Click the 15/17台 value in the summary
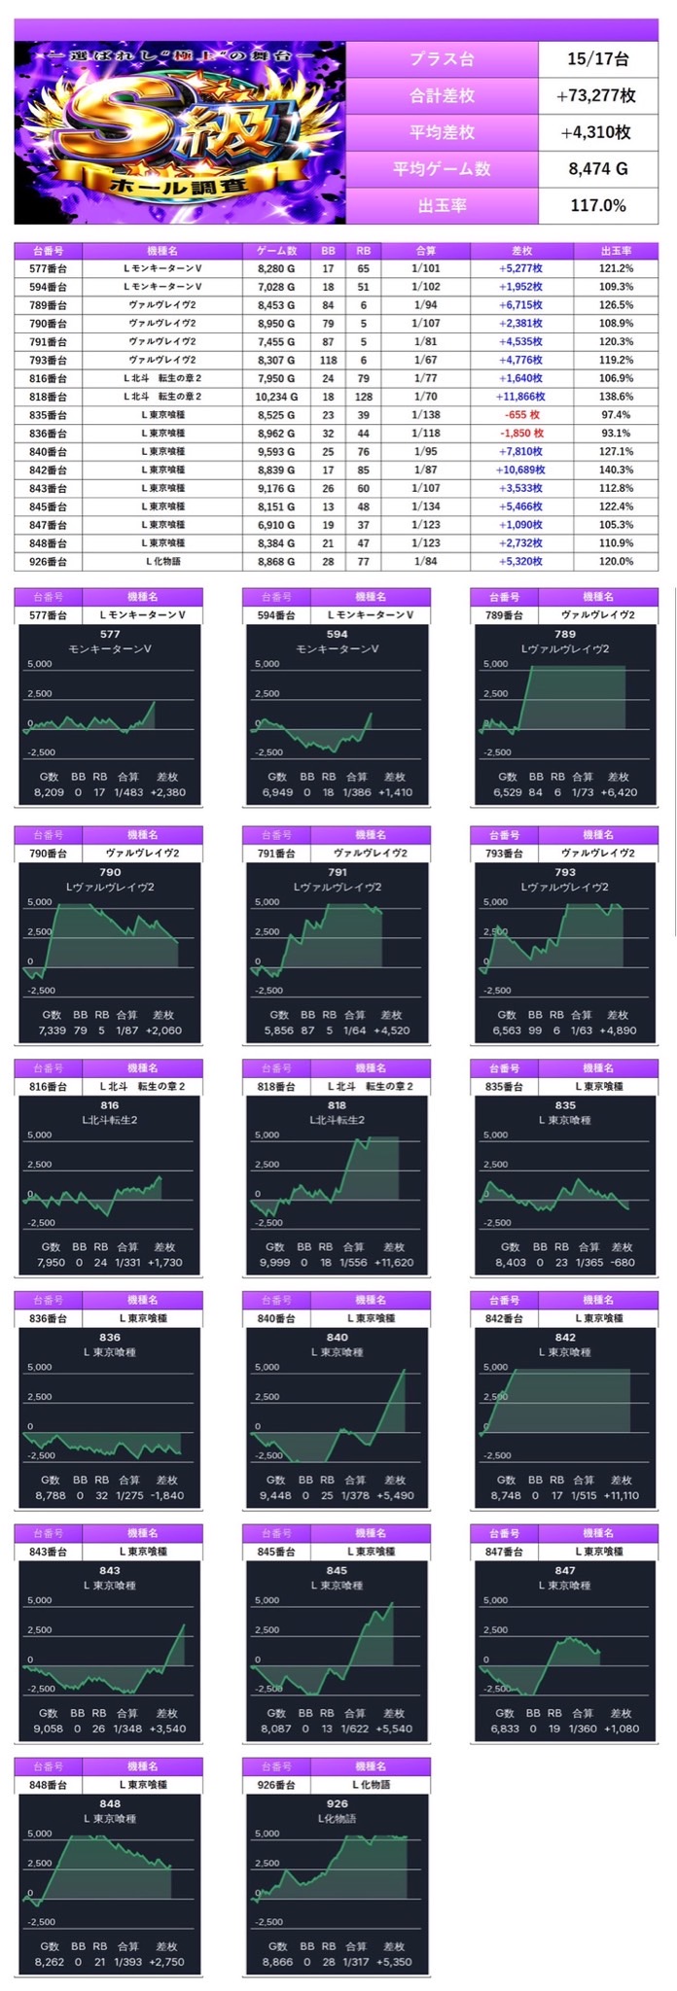[x=597, y=59]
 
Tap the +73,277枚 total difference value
[x=597, y=95]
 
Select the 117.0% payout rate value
[x=597, y=205]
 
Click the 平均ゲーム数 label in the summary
[x=442, y=169]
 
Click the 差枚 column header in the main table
[x=521, y=251]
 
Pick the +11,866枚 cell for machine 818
[x=521, y=397]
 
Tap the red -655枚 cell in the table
[x=521, y=415]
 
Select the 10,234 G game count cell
[x=277, y=397]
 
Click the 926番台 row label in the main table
[x=48, y=562]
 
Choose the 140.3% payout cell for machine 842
[x=616, y=471]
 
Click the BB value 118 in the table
[x=328, y=361]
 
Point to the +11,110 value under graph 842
[x=619, y=1495]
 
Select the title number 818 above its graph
[x=337, y=1105]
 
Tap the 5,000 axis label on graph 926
[x=267, y=1834]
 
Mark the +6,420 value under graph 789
[x=619, y=792]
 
